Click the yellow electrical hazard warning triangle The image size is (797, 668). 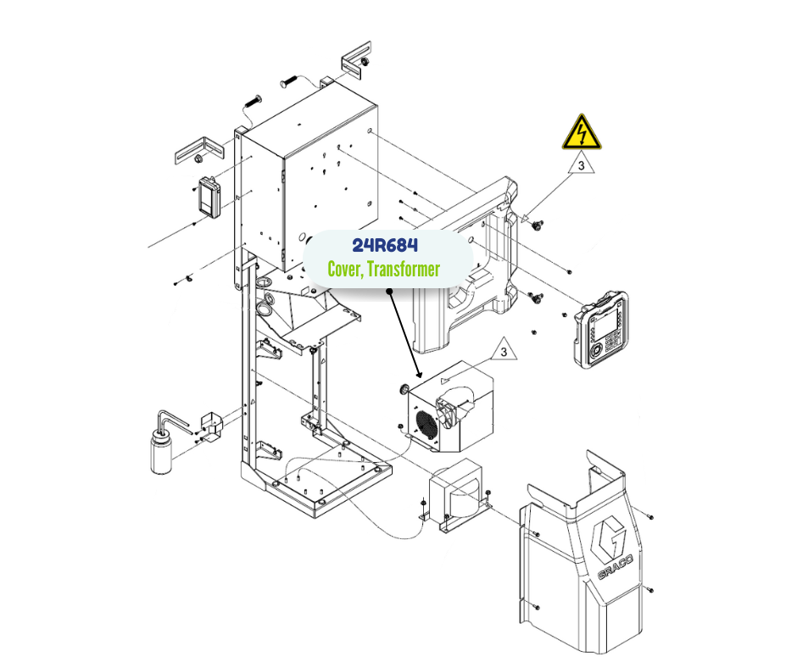tap(581, 133)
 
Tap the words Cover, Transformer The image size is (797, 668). tap(384, 270)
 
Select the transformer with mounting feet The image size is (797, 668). tap(458, 500)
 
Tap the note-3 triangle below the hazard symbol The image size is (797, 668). tap(582, 166)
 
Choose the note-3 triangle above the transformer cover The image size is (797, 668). tap(504, 350)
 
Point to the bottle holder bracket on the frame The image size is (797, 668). tap(209, 425)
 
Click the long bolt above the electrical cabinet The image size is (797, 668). tap(287, 83)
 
